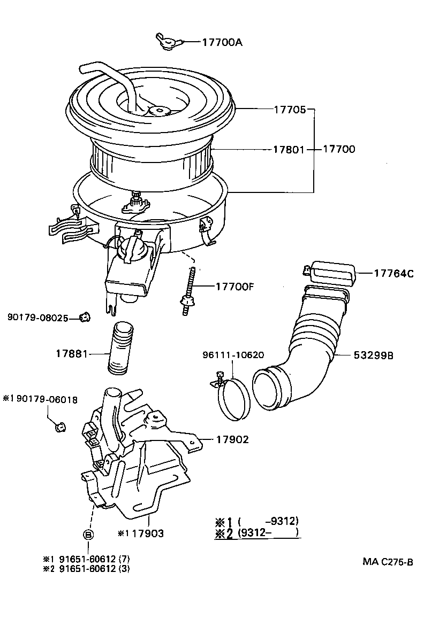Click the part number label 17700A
(222, 42)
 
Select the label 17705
(290, 110)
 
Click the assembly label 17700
(339, 150)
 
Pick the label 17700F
(234, 286)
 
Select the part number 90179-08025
(37, 318)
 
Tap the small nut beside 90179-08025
(84, 318)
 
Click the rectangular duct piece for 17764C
(333, 273)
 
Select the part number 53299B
(373, 355)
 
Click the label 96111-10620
(233, 355)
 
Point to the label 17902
(232, 439)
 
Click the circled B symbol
(89, 534)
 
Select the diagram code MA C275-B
(388, 561)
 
